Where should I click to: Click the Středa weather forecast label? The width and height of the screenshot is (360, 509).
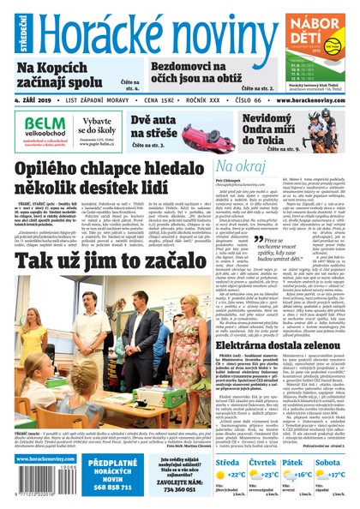tap(230, 463)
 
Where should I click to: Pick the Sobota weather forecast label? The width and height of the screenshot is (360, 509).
tap(330, 463)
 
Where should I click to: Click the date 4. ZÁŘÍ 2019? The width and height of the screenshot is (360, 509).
tap(35, 100)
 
